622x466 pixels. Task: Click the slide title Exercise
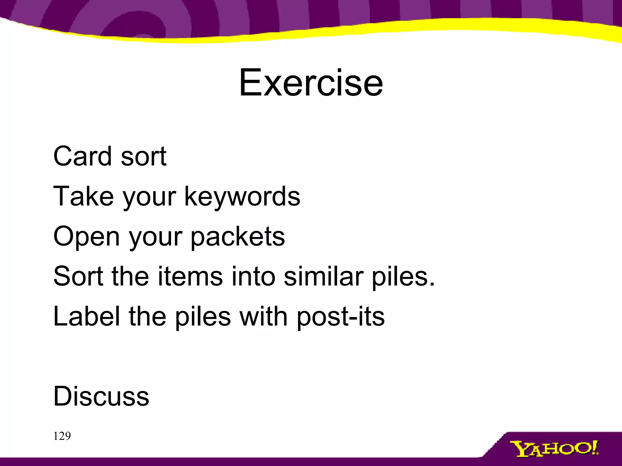pyautogui.click(x=311, y=83)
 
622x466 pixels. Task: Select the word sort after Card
pyautogui.click(x=143, y=157)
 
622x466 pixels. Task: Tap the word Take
pyautogui.click(x=84, y=196)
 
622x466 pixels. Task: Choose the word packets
pyautogui.click(x=238, y=236)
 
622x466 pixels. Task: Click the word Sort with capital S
pyautogui.click(x=78, y=276)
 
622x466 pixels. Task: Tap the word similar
pyautogui.click(x=323, y=276)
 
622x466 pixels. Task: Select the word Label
pyautogui.click(x=86, y=316)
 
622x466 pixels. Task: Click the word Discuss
pyautogui.click(x=101, y=396)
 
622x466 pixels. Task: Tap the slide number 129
pyautogui.click(x=62, y=436)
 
